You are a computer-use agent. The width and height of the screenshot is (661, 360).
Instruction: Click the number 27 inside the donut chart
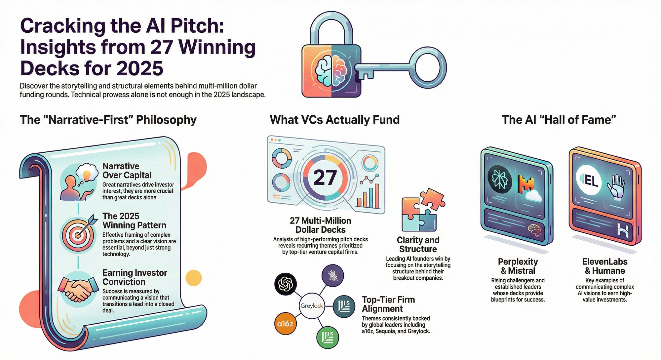pyautogui.click(x=325, y=178)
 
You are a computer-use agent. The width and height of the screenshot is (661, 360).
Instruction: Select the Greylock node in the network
pyautogui.click(x=312, y=306)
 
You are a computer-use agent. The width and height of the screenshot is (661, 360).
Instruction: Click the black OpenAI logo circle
pyautogui.click(x=286, y=284)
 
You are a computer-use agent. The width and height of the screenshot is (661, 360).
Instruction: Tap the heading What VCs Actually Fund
pyautogui.click(x=335, y=120)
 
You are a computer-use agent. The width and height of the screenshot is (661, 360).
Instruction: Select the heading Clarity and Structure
pyautogui.click(x=418, y=245)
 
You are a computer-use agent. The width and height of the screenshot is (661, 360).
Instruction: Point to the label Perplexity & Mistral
pyautogui.click(x=518, y=266)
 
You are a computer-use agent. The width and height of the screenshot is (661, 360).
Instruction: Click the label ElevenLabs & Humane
pyautogui.click(x=605, y=266)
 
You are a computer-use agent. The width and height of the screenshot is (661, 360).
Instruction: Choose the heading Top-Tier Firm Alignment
pyautogui.click(x=388, y=304)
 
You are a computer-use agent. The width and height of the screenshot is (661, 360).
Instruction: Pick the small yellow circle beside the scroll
pyautogui.click(x=194, y=278)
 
